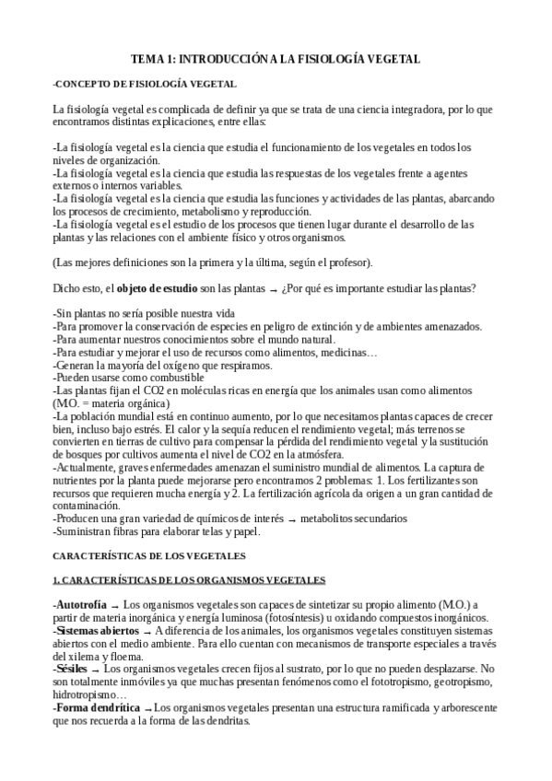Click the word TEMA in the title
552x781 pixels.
147,59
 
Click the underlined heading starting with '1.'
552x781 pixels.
189,580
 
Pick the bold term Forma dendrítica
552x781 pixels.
98,707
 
